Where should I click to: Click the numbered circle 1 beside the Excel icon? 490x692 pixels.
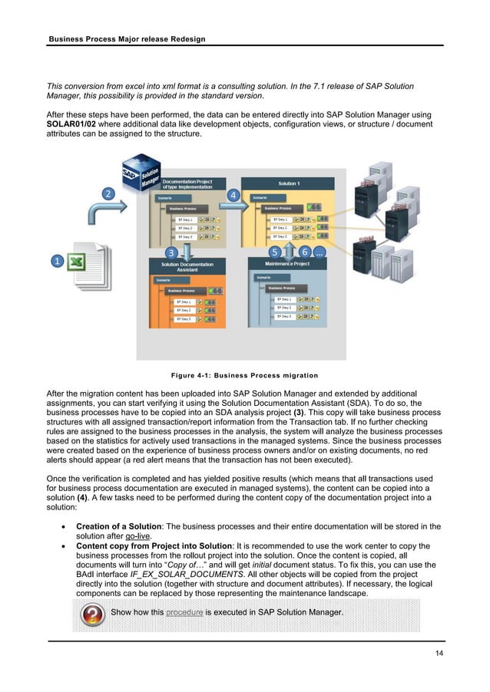(x=58, y=262)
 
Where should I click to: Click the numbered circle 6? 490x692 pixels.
(x=304, y=252)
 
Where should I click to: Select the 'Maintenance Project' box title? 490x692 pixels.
(x=289, y=264)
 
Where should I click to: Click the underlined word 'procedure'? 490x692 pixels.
(x=184, y=611)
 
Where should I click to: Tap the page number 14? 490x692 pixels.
(x=438, y=652)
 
